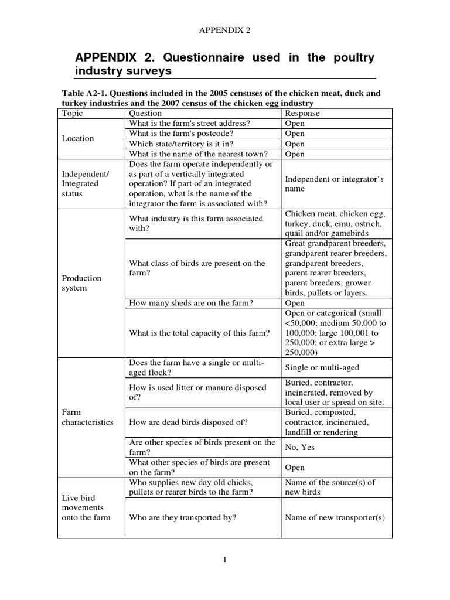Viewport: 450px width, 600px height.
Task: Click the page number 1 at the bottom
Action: pos(224,561)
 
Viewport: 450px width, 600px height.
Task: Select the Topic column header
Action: pos(73,113)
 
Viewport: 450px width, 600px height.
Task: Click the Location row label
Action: pos(77,138)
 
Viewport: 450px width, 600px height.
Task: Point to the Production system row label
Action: pos(82,283)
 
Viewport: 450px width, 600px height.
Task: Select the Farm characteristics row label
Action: pos(88,417)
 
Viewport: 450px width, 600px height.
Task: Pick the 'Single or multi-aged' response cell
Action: pos(322,367)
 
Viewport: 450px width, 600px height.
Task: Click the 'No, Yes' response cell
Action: pos(300,447)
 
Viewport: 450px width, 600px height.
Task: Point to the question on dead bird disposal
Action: pos(188,422)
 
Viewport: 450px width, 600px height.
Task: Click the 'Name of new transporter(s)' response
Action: pos(335,517)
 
